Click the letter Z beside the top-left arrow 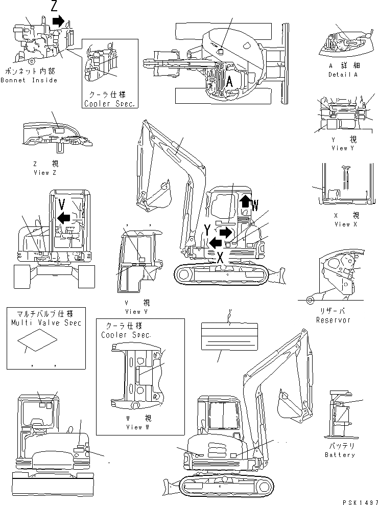pos(54,6)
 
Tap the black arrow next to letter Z pos(59,21)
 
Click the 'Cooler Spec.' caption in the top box pos(110,103)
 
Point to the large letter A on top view pos(229,81)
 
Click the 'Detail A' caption pos(343,75)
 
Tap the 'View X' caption pos(342,224)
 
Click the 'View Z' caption pos(44,173)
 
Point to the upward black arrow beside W pos(245,200)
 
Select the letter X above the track pos(220,258)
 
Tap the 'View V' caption pos(132,311)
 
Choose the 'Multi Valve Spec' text pos(45,323)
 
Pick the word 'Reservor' pos(333,320)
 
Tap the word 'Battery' pos(340,454)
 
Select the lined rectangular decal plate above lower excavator pos(228,335)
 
